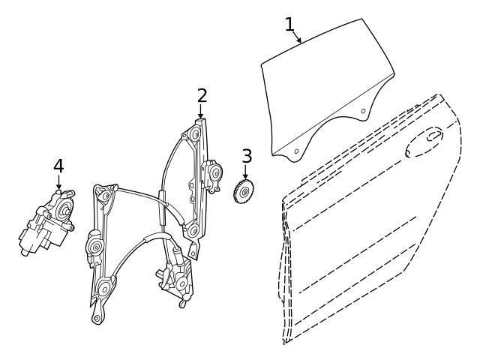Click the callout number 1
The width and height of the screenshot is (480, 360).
pos(289,24)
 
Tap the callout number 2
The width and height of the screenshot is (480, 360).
pos(202,95)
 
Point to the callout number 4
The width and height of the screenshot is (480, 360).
pos(58,165)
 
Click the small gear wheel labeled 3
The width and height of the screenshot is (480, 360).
pos(244,193)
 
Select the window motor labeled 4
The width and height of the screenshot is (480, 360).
pos(47,223)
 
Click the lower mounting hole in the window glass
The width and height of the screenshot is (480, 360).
pos(295,151)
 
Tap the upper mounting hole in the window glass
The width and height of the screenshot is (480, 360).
pos(364,111)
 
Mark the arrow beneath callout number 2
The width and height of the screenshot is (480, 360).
pos(201,112)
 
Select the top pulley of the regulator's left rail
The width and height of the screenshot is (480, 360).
pos(105,196)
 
